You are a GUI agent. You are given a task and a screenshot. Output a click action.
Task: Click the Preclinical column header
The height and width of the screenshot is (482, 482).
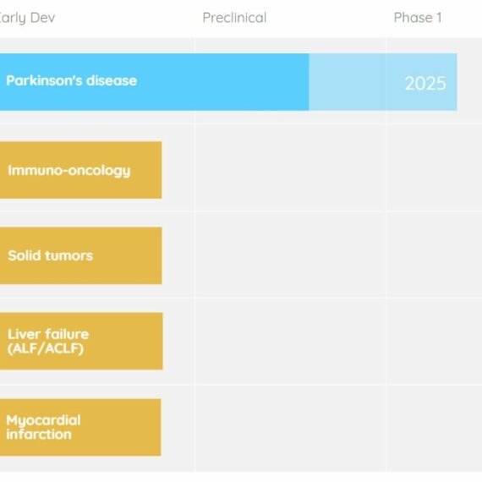(234, 18)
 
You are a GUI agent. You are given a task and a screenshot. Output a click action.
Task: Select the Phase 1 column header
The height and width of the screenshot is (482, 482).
(418, 18)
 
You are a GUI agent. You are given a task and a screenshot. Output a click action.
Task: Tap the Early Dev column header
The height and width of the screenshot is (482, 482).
(27, 18)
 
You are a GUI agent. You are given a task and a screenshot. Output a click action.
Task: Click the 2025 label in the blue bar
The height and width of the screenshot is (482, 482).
(425, 84)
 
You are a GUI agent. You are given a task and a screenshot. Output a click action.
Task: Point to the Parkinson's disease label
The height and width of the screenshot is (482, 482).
(71, 80)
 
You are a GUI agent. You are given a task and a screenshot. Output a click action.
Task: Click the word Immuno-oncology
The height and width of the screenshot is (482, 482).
(69, 171)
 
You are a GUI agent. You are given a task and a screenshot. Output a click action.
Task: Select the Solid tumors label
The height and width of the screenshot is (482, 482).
(50, 255)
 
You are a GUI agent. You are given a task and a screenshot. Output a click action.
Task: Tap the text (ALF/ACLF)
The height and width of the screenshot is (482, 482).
(46, 348)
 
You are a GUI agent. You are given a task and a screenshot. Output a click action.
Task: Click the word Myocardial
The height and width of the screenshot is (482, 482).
(43, 421)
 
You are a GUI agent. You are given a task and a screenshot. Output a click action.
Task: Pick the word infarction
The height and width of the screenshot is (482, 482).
(39, 435)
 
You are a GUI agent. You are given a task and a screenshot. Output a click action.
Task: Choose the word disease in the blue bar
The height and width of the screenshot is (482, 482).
(112, 80)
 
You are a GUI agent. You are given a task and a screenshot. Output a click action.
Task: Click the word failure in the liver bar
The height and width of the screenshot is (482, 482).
(67, 334)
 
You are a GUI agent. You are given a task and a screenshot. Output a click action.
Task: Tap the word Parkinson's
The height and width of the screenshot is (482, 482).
(44, 80)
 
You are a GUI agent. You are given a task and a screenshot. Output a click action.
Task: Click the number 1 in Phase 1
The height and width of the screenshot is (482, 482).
(439, 18)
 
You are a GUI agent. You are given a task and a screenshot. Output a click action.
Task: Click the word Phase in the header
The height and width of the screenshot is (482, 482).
(414, 18)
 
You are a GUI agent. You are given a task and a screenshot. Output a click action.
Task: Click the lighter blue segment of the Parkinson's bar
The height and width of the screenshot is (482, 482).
(383, 82)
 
